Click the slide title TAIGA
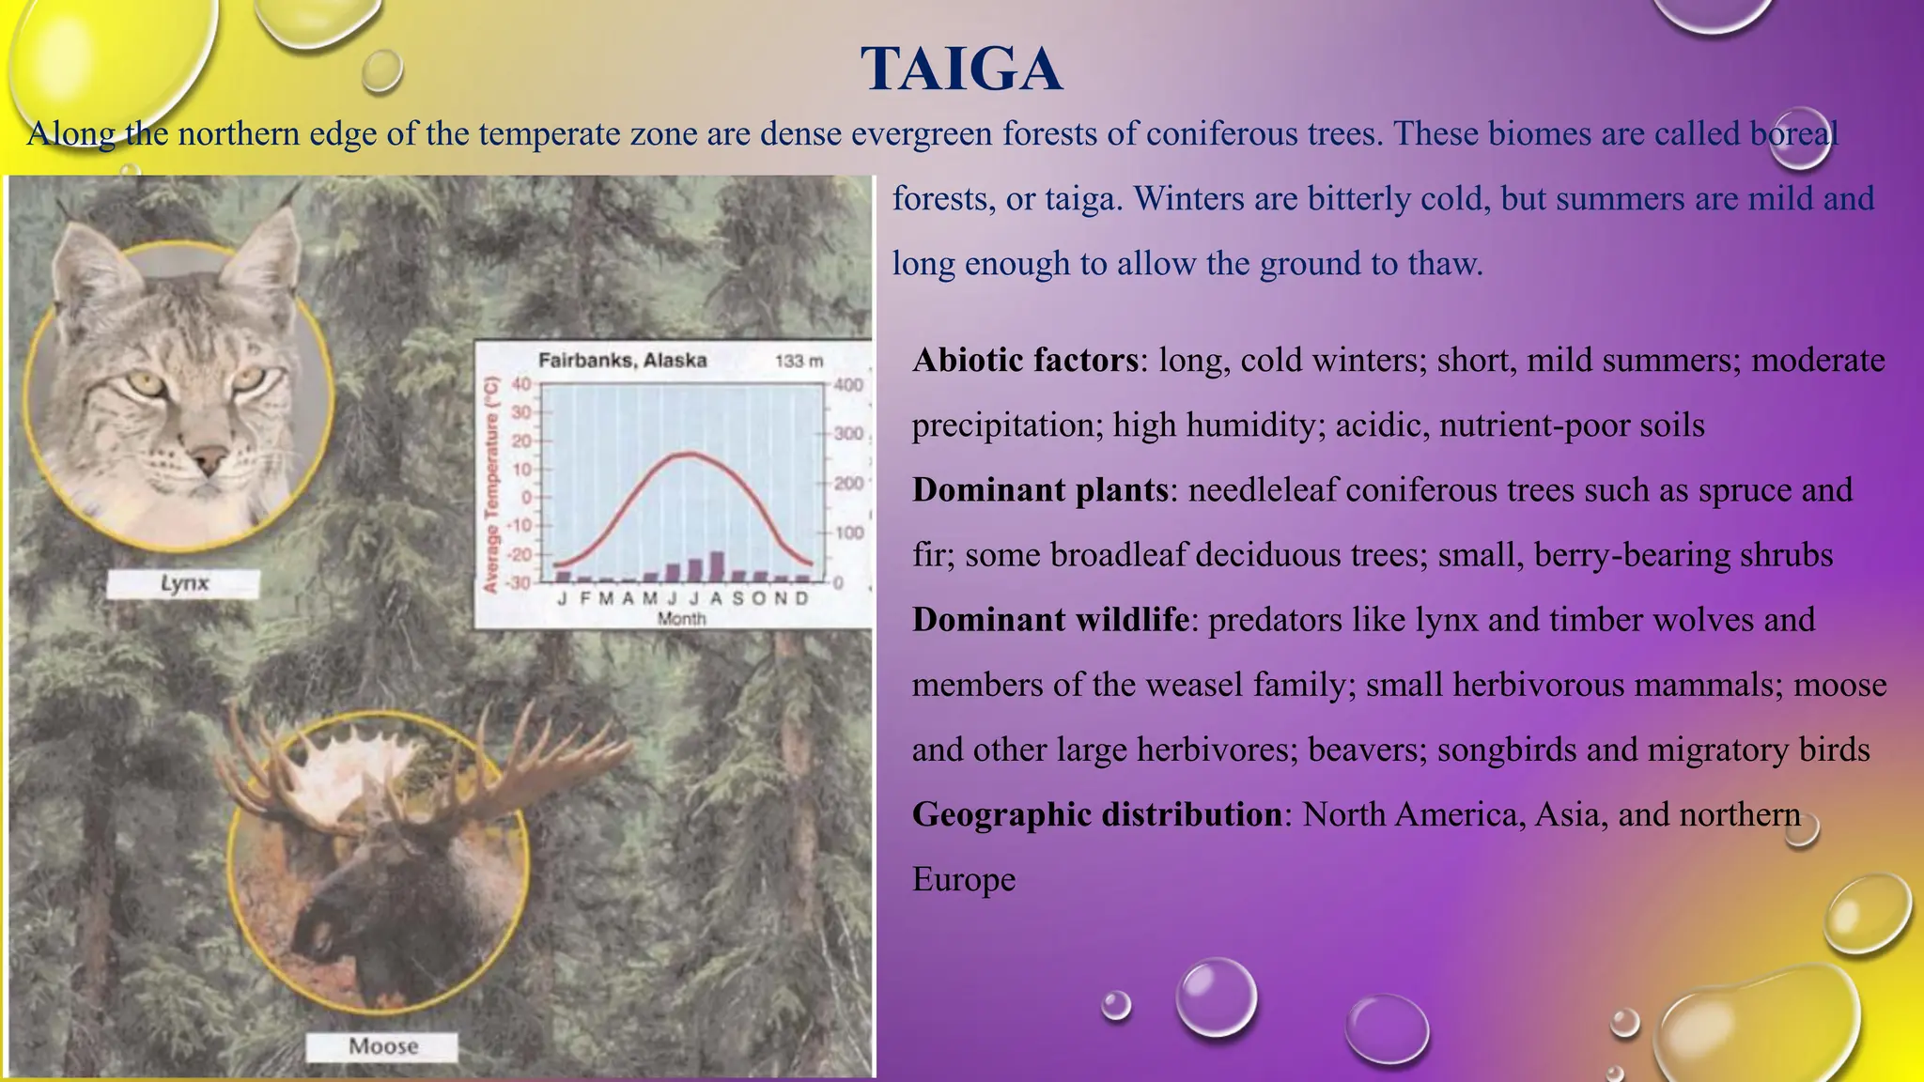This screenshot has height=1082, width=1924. [961, 70]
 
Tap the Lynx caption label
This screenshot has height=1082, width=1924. [183, 583]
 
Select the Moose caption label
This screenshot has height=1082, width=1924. [383, 1045]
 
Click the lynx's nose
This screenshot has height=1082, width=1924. [209, 459]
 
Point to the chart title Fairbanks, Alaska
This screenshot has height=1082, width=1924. [622, 360]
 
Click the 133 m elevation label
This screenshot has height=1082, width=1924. [799, 361]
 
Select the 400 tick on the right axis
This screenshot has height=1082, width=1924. [847, 385]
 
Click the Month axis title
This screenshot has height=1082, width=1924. [681, 618]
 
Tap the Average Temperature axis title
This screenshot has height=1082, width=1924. [489, 485]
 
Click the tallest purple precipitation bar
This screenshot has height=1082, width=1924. [717, 566]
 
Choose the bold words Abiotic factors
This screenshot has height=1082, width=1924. [1025, 360]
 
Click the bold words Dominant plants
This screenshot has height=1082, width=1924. [1040, 489]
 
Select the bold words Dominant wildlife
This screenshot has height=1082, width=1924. [1050, 619]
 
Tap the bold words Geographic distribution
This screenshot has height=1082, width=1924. [1096, 813]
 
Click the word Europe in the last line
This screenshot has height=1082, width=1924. [964, 879]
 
